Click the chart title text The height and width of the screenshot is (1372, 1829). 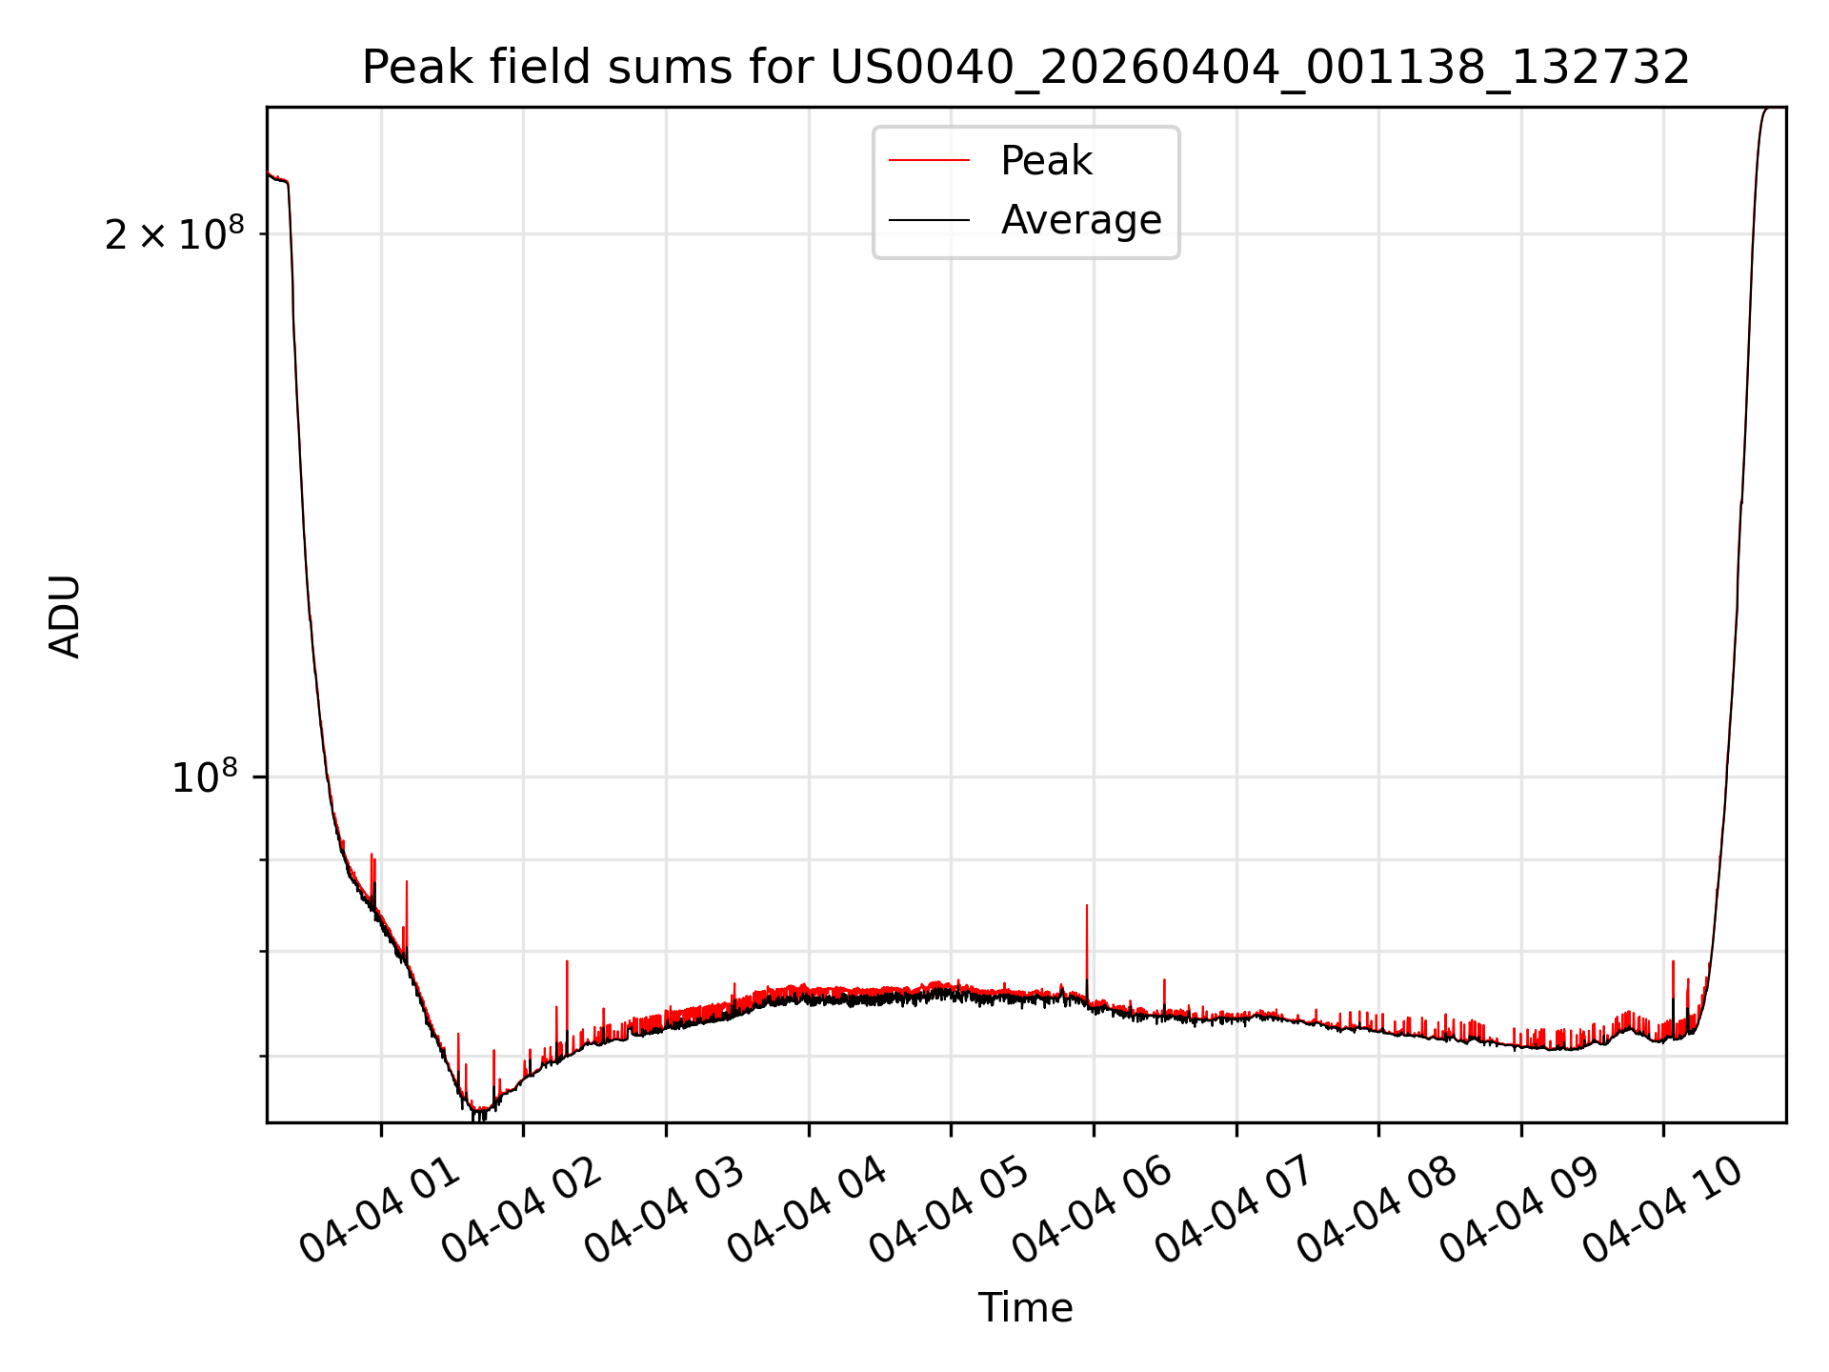[x=1026, y=68]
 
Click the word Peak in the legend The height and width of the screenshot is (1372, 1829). [x=1046, y=161]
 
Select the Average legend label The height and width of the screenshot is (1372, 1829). [x=1081, y=220]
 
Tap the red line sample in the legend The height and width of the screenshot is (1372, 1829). [x=929, y=161]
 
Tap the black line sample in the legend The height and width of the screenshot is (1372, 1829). [x=929, y=220]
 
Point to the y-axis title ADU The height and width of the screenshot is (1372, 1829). [x=65, y=615]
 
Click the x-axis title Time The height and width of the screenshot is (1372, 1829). [x=1026, y=1308]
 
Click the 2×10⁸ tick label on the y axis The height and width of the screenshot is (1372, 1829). [x=174, y=233]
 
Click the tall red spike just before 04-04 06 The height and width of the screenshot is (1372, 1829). [x=1087, y=948]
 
